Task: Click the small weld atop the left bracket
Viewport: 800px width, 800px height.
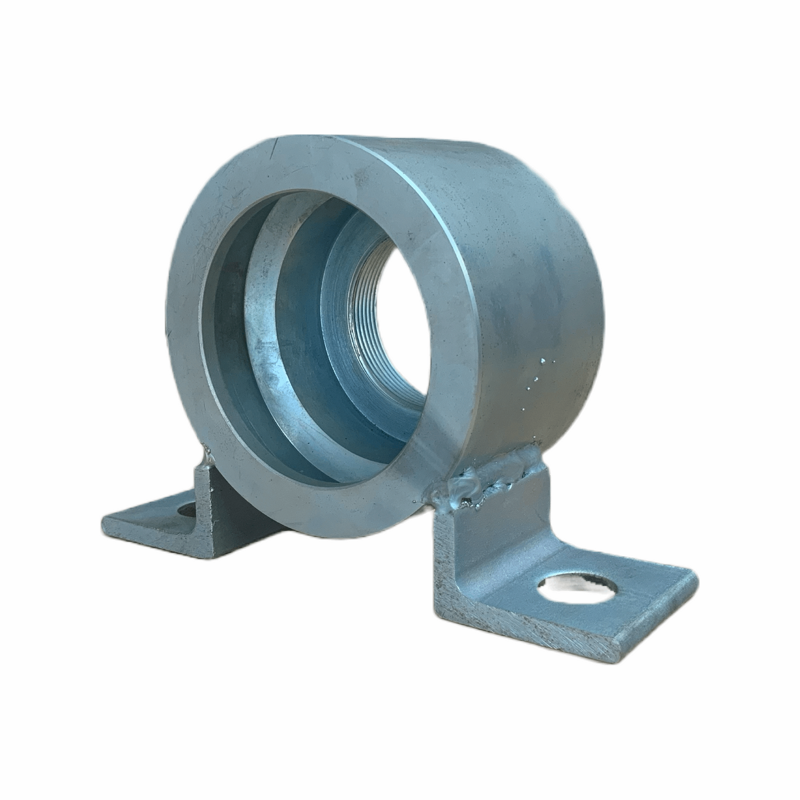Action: tap(208, 456)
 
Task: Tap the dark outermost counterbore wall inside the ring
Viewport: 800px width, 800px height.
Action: tap(221, 332)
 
